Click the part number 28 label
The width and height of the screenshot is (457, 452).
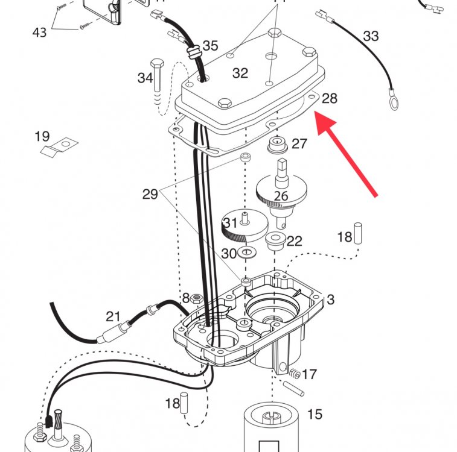coord(330,99)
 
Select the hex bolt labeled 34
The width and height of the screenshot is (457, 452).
coord(157,77)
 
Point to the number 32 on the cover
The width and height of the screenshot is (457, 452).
coord(240,73)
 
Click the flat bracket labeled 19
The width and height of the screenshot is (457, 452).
coord(59,148)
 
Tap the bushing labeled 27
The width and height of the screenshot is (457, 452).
coord(277,145)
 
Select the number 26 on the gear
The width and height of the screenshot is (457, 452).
coord(281,196)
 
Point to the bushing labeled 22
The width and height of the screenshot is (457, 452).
coord(275,241)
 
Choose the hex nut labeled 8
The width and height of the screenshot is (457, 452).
coord(196,298)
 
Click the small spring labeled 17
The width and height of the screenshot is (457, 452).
coord(295,374)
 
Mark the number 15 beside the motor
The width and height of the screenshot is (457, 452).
coord(315,415)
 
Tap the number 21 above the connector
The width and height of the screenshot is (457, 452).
coord(113,317)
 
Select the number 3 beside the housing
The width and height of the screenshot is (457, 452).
coord(330,300)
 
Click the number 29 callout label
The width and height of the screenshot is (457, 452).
coord(150,194)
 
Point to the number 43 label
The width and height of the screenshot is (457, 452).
coord(39,33)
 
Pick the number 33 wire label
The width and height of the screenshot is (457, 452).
coord(371,36)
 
